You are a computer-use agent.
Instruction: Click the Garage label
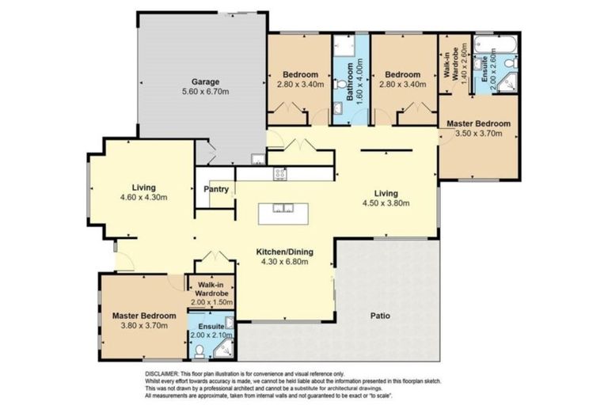[203, 81]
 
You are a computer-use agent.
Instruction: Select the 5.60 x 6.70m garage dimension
[203, 92]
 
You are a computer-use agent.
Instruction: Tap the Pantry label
[216, 190]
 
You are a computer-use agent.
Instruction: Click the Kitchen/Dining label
[285, 252]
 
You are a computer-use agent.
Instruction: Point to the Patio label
[382, 316]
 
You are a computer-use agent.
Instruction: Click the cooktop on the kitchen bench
[279, 172]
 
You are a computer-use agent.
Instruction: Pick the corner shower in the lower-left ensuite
[226, 323]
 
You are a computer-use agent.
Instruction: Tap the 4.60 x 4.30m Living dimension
[143, 197]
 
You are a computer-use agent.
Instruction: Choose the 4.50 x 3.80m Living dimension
[386, 202]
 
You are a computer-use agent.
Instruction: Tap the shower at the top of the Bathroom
[343, 46]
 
